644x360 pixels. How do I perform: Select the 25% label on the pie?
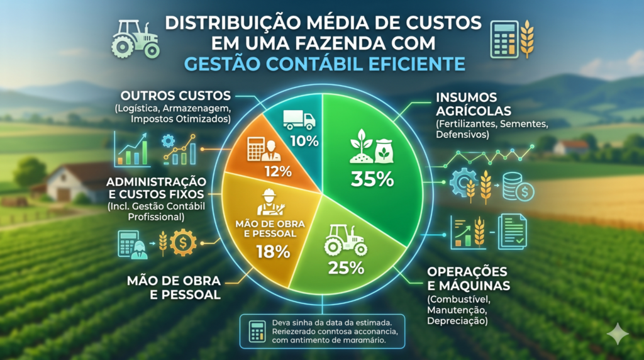pos(347,267)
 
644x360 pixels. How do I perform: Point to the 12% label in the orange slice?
pos(277,171)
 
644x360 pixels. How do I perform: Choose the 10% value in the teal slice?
pos(304,140)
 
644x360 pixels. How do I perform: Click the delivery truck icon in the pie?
pos(299,120)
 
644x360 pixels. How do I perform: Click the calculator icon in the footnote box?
pos(257,331)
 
